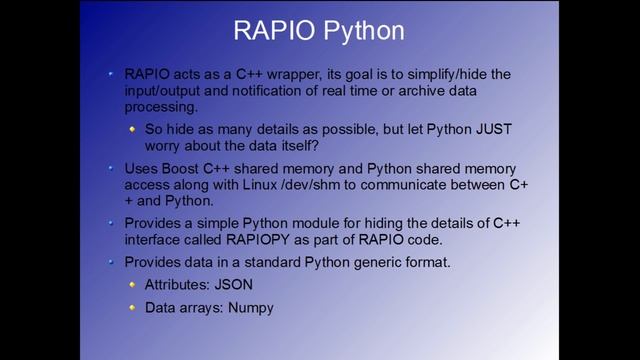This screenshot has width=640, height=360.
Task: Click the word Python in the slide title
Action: click(x=361, y=31)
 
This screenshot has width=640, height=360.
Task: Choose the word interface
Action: click(x=157, y=240)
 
